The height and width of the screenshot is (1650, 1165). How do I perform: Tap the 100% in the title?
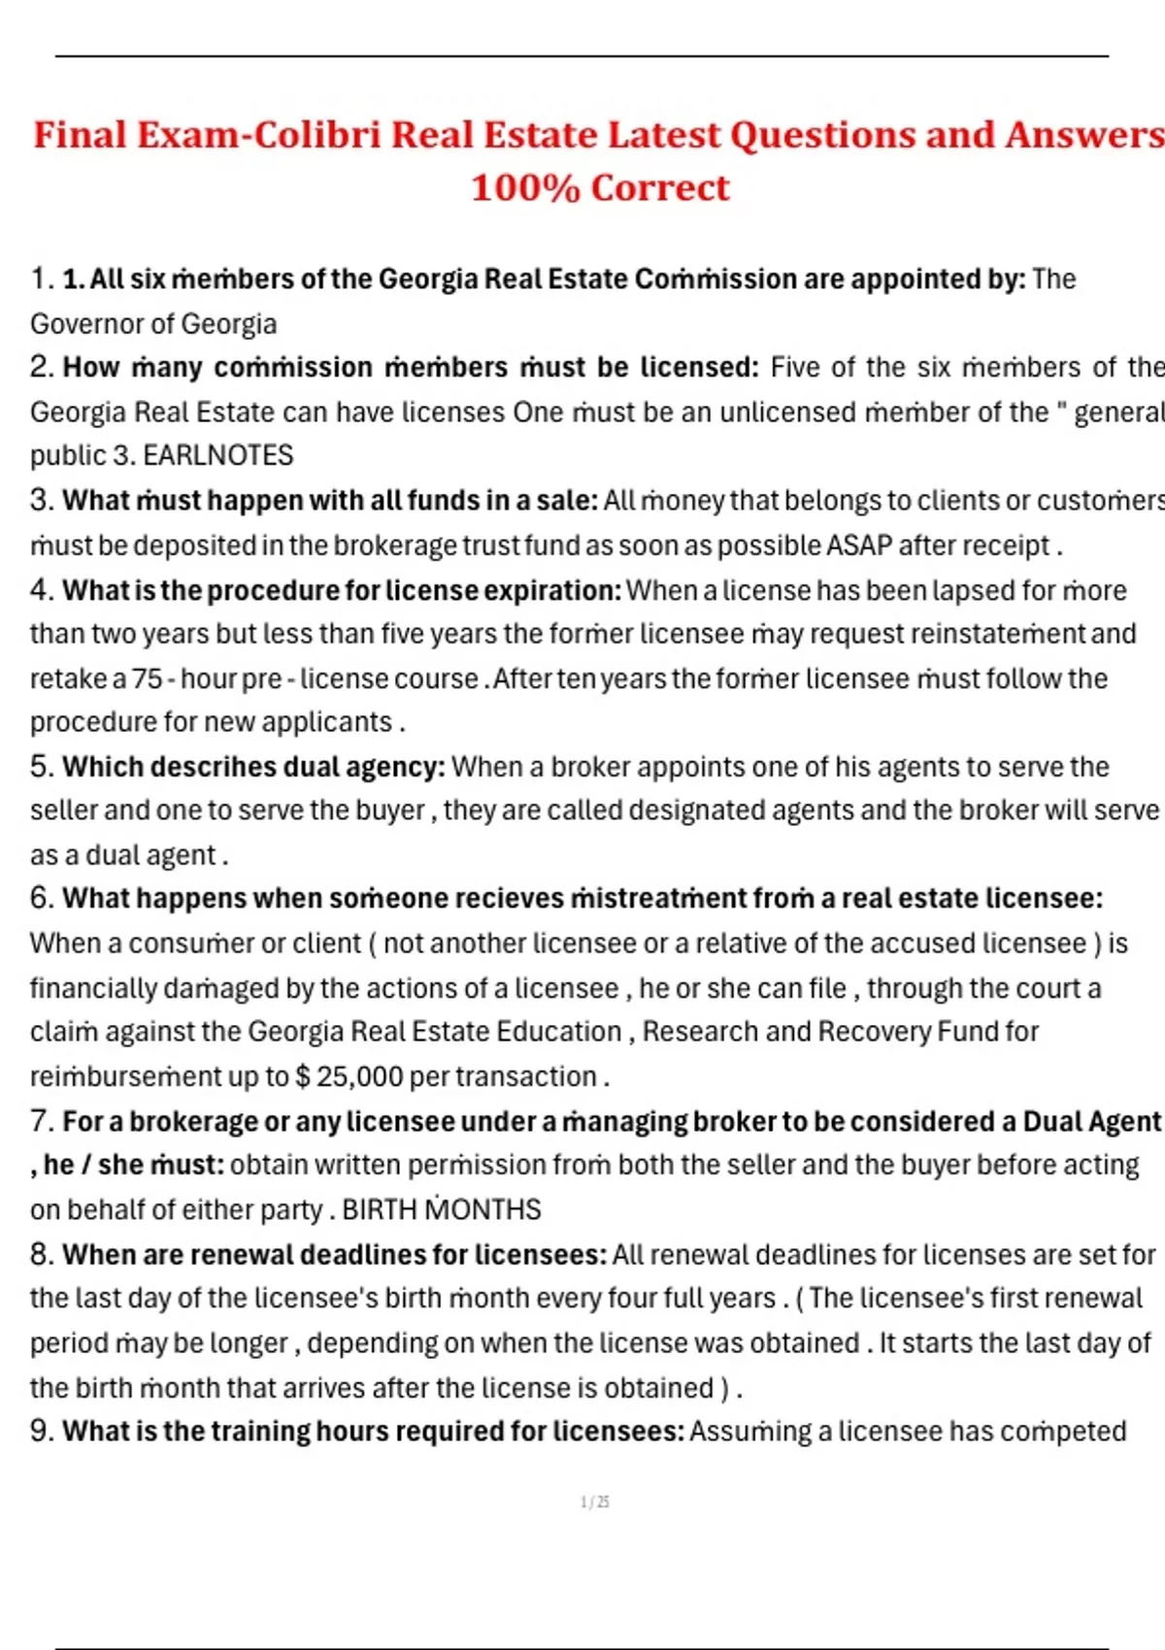coord(525,188)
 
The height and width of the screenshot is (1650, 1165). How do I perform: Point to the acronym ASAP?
coord(858,545)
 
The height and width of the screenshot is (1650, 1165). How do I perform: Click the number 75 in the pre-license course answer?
coord(148,678)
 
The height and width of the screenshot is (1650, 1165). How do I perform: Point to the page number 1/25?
coord(594,1502)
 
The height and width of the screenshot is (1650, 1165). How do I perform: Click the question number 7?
coord(42,1121)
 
